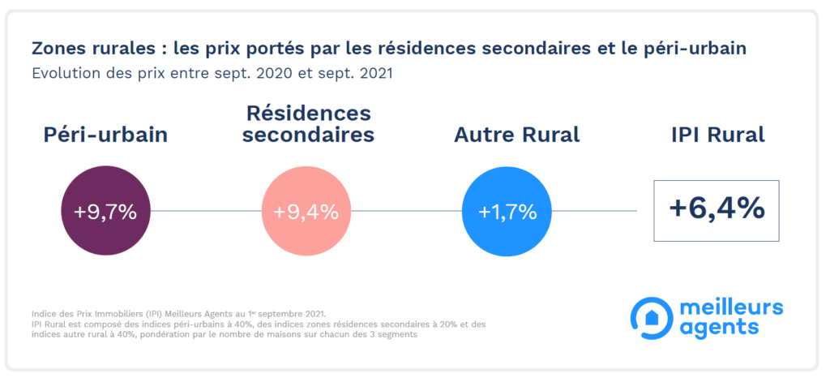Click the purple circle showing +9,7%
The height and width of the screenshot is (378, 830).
coord(106,212)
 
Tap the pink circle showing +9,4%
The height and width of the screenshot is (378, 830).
coord(306,212)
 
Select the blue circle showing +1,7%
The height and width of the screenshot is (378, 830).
coord(507,212)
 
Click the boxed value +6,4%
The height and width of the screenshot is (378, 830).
coord(717,210)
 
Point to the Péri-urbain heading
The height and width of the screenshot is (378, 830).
coord(105,135)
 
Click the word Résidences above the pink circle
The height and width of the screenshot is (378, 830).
coord(309,113)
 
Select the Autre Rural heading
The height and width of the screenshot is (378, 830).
coord(517,135)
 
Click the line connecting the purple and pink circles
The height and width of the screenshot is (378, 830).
coord(206,212)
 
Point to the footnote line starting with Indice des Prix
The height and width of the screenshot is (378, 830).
coord(178,312)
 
